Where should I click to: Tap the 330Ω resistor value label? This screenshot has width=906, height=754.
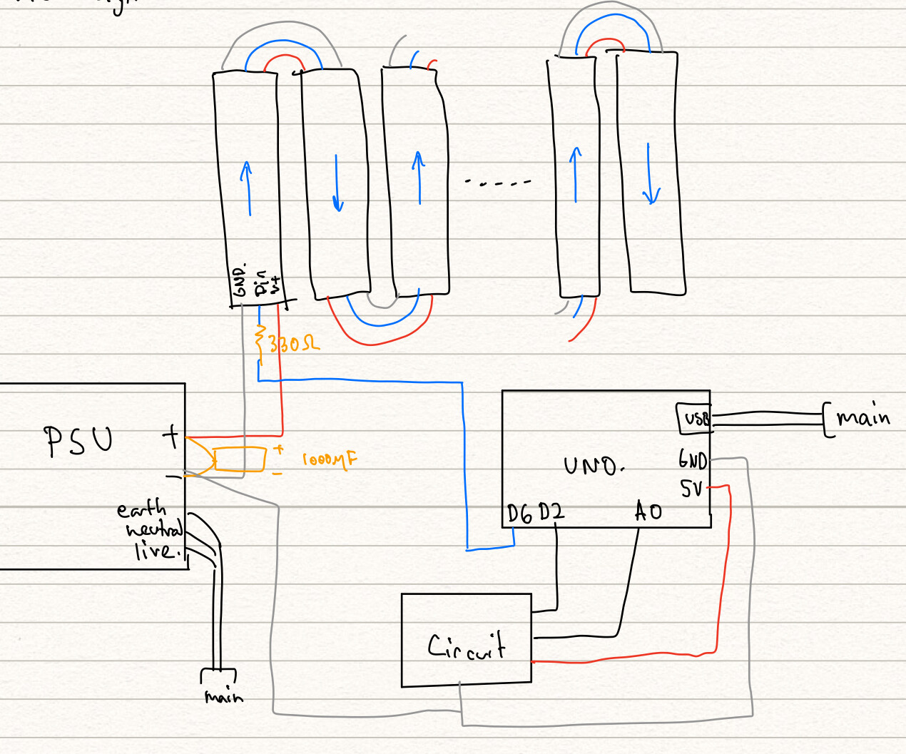click(294, 345)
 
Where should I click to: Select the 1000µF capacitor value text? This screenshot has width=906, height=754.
click(329, 460)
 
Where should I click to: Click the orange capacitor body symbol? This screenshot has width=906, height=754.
click(240, 459)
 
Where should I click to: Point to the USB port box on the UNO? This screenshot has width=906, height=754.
click(694, 419)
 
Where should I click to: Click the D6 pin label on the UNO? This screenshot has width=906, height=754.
click(520, 514)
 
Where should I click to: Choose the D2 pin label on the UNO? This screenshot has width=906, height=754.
click(551, 512)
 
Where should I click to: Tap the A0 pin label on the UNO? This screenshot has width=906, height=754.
click(648, 511)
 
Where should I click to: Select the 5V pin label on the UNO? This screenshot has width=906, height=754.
click(691, 489)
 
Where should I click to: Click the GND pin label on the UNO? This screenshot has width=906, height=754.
click(692, 460)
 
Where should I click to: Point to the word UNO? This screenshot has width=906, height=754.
click(594, 467)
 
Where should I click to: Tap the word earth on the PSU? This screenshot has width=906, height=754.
click(141, 509)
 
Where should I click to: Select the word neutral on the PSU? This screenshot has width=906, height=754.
click(154, 529)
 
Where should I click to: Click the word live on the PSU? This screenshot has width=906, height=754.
click(155, 551)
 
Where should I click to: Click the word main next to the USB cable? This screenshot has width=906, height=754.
click(863, 417)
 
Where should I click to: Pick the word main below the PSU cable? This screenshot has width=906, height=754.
click(223, 696)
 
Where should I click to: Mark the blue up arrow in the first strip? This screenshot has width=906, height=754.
click(247, 188)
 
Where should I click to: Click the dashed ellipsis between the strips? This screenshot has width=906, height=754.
click(498, 183)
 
